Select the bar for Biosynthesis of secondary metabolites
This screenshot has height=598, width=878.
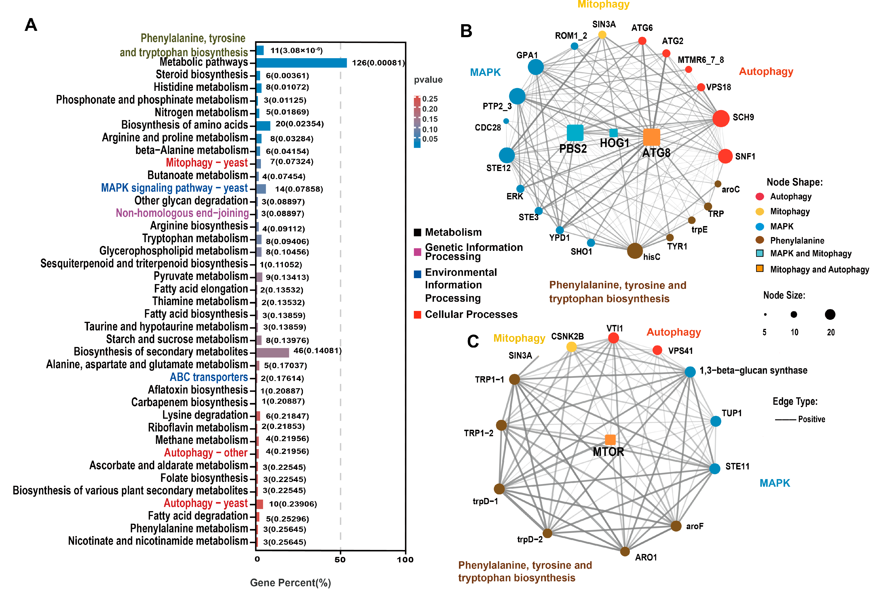coord(272,352)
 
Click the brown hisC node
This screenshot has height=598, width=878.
coord(635,251)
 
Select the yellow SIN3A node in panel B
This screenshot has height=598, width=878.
coord(602,35)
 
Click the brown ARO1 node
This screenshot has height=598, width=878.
coord(625,551)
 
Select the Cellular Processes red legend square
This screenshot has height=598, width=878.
coord(417,315)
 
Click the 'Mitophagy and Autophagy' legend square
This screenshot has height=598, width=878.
coord(760,269)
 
